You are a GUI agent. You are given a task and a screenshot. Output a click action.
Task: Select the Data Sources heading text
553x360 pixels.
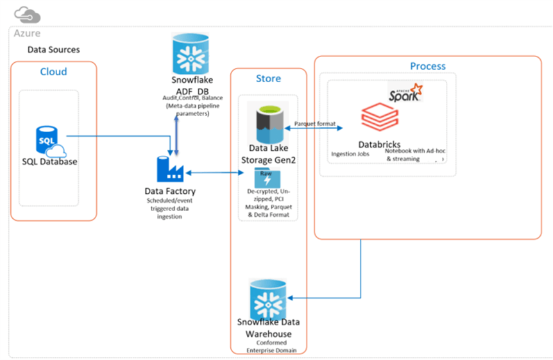tap(53, 49)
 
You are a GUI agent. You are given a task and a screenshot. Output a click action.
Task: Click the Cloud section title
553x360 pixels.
tap(53, 71)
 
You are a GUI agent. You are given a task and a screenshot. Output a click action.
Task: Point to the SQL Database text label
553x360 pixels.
tap(50, 161)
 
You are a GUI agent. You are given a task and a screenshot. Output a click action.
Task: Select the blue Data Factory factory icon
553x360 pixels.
tap(170, 169)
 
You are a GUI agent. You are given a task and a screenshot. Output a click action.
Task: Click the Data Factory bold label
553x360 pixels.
tap(170, 191)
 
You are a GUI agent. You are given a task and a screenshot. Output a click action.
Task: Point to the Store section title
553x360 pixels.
tap(268, 78)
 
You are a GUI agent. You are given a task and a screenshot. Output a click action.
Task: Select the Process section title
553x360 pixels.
tap(427, 66)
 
